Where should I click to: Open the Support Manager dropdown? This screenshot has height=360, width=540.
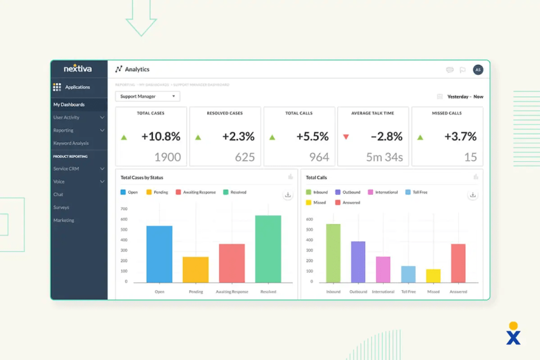(147, 97)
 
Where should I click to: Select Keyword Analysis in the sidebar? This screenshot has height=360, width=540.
(71, 143)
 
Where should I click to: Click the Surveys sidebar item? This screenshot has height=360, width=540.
(61, 208)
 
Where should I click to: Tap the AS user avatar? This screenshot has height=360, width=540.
(478, 70)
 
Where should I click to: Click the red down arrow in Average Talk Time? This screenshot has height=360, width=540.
(346, 137)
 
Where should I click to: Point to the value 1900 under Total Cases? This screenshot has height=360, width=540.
(168, 157)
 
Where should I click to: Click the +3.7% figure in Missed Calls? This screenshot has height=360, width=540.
(461, 137)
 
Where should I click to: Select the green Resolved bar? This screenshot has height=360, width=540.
(268, 249)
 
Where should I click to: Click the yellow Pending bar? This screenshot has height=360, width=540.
(196, 270)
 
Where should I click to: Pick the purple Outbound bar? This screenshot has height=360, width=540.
(358, 262)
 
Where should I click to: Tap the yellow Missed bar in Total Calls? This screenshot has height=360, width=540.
(433, 276)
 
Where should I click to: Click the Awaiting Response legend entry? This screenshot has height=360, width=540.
(195, 192)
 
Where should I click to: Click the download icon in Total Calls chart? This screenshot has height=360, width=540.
(473, 195)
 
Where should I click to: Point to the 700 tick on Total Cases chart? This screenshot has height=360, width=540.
(124, 209)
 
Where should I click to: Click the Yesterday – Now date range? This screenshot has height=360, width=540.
(464, 97)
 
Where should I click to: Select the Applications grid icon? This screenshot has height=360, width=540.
(57, 87)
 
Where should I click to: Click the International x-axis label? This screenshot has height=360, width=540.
(383, 292)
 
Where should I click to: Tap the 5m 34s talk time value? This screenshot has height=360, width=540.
(384, 157)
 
